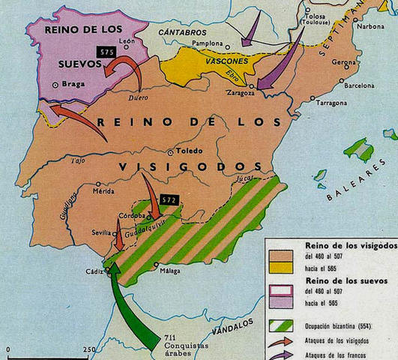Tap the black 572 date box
pyautogui.click(x=169, y=200)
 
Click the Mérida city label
pyautogui.click(x=104, y=191)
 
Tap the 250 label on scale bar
pyautogui.click(x=90, y=351)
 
